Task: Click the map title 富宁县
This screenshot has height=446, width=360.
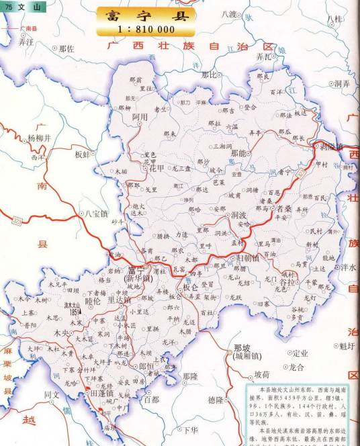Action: tap(146, 15)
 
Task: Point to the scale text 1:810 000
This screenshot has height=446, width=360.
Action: tap(146, 30)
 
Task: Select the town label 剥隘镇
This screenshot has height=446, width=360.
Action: tap(330, 146)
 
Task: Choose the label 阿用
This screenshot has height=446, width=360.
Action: tap(140, 117)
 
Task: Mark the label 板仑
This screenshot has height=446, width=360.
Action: tap(191, 287)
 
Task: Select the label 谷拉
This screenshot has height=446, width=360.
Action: tap(287, 283)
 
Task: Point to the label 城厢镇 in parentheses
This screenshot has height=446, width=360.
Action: tap(242, 356)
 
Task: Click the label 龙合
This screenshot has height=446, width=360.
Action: tap(297, 367)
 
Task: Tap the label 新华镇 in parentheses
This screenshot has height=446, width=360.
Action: tap(138, 277)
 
